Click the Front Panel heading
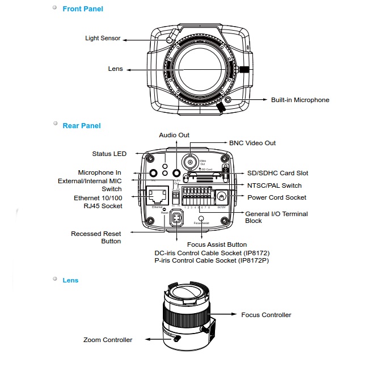coord(83,9)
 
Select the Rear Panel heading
coord(82,125)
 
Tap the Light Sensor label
coord(103,39)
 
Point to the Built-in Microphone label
coord(300,100)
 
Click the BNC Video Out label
coord(252,143)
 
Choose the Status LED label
coord(109,154)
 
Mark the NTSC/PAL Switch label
coord(275,185)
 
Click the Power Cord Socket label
coord(277,197)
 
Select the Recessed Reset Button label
coord(96,237)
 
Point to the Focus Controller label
coord(266,315)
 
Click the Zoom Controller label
coord(108,340)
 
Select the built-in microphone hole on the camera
coord(228,100)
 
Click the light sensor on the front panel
coord(169,40)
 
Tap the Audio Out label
coord(174,135)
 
